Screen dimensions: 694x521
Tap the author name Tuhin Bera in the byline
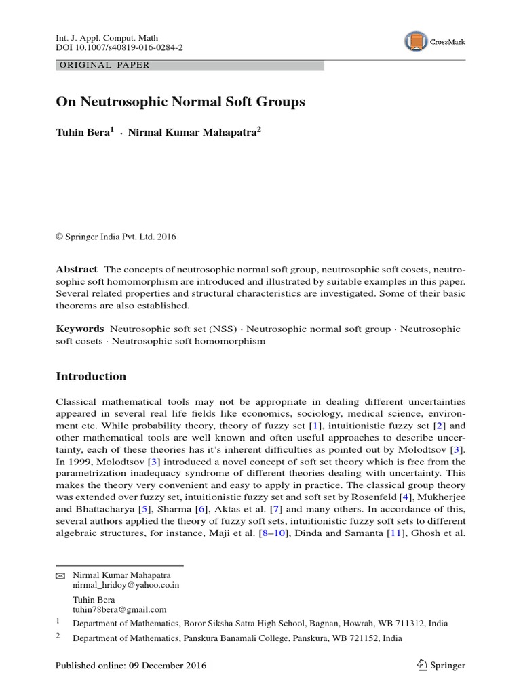tap(83, 132)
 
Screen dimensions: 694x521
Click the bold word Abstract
tap(76, 268)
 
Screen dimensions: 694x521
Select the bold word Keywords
tap(79, 329)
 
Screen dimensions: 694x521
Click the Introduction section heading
tap(90, 376)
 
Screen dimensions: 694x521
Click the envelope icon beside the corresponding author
tap(60, 575)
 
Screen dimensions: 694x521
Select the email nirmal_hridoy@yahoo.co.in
tap(126, 584)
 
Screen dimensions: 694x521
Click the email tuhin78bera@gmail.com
tap(119, 609)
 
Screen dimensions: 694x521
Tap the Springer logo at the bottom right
tap(441, 666)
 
